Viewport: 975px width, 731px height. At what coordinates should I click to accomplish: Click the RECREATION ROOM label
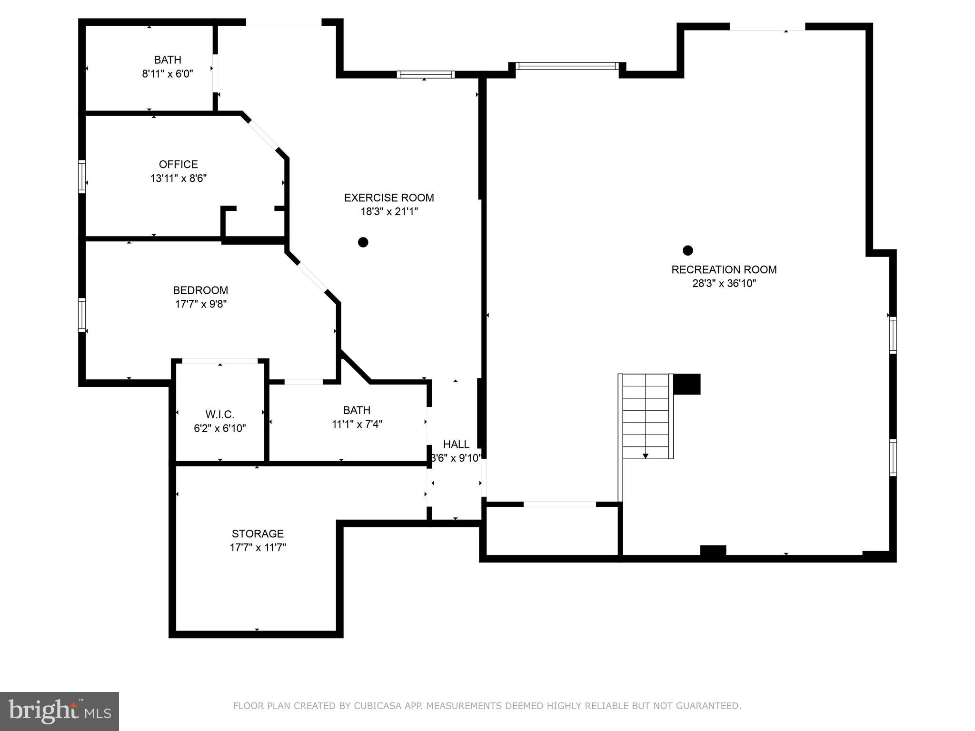point(724,269)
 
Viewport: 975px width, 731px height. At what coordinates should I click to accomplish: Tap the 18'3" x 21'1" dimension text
point(389,211)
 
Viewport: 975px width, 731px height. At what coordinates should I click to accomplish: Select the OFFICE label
point(178,164)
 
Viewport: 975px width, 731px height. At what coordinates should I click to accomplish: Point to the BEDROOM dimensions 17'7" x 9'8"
point(200,304)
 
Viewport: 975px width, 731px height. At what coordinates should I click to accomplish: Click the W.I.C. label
point(219,414)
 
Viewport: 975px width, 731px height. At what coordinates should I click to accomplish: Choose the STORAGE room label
point(258,533)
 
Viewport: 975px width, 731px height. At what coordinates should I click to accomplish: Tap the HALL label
point(456,444)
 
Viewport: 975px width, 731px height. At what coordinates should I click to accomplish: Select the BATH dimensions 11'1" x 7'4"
point(357,424)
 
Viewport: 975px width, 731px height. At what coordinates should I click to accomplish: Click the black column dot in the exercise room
point(363,242)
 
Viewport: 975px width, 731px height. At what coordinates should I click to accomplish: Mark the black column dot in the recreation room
point(687,250)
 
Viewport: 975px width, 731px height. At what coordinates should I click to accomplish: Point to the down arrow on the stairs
point(646,455)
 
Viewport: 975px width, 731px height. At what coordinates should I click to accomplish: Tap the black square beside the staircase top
point(687,384)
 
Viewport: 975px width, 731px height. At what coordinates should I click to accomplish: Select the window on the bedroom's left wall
point(82,315)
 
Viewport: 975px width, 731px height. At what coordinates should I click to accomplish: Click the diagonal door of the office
point(263,135)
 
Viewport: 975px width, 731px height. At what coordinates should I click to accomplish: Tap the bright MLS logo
point(60,711)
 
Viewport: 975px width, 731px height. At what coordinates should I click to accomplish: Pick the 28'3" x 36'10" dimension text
point(724,284)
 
